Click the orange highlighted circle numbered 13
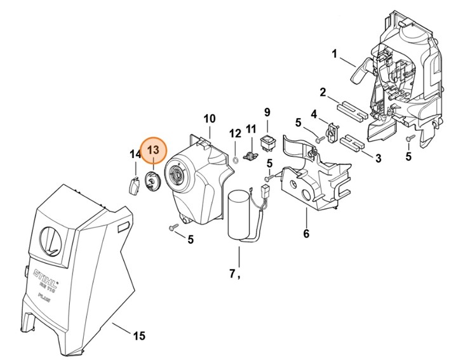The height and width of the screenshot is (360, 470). click(153, 150)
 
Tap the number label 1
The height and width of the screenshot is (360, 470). click(335, 54)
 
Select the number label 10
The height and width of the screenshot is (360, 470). click(210, 119)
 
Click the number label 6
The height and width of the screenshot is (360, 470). click(306, 234)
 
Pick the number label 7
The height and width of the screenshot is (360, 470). click(233, 274)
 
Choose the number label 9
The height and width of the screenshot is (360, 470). click(267, 112)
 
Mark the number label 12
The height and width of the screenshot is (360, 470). click(236, 134)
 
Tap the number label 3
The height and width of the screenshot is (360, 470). click(377, 157)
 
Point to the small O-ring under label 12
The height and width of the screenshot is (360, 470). click(236, 159)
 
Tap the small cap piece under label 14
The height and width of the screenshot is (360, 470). click(134, 187)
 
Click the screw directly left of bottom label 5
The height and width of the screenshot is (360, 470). click(171, 227)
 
